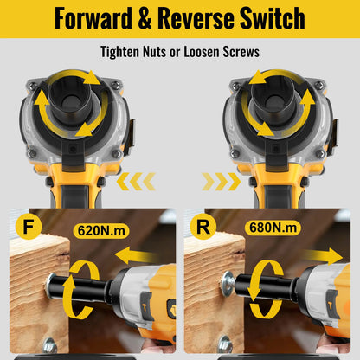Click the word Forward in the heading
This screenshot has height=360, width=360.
tap(93, 18)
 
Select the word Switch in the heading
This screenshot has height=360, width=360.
tap(273, 18)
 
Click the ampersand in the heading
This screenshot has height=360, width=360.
tap(145, 18)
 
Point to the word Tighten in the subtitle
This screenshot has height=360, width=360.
tap(119, 52)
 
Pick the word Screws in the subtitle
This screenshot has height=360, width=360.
tap(241, 52)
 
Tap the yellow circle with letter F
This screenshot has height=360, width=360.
tap(29, 227)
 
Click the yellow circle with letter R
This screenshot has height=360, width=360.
tap(203, 227)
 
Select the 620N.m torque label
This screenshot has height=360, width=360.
tap(101, 231)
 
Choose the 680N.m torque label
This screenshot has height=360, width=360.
tap(273, 228)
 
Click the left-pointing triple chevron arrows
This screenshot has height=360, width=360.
tap(136, 182)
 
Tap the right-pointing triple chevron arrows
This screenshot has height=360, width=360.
tap(222, 182)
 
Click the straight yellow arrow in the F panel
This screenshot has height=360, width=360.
tap(137, 256)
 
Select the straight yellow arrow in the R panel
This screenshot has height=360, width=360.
tap(322, 256)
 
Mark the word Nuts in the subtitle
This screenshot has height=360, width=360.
tap(154, 52)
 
